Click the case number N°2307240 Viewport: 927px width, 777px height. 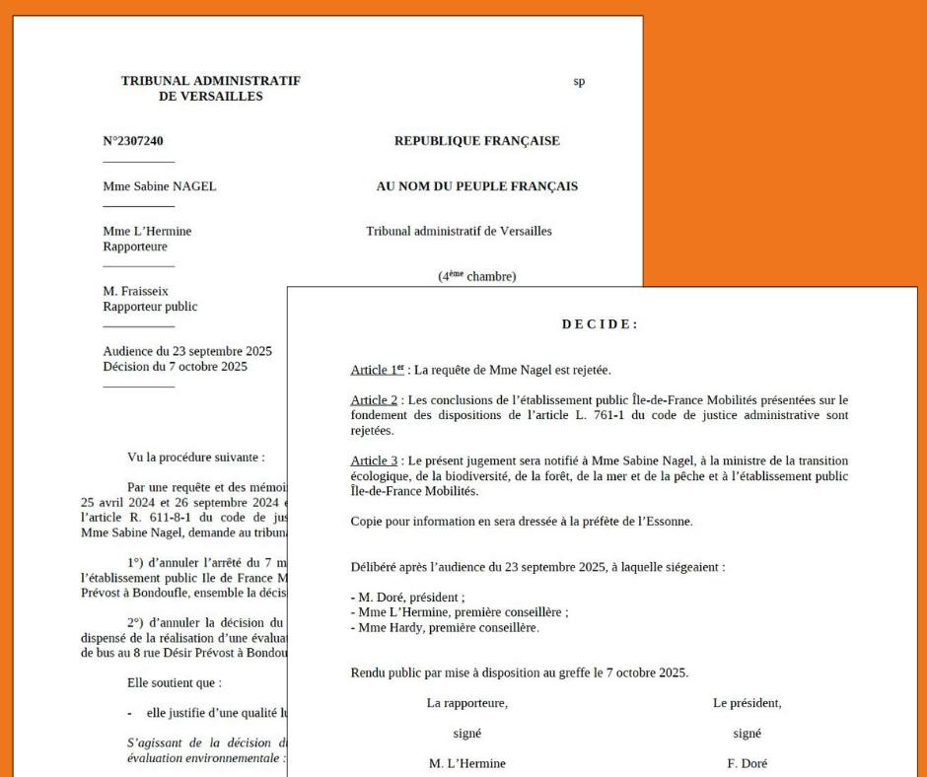[x=133, y=141]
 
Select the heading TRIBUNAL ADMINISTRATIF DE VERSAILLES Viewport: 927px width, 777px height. [x=210, y=88]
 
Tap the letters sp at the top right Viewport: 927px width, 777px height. [x=579, y=81]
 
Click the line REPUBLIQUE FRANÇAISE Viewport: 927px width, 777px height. [x=476, y=141]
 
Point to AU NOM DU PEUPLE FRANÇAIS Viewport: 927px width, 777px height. [x=476, y=186]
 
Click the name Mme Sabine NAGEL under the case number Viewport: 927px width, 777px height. [x=159, y=186]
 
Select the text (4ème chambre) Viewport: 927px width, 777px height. [x=476, y=277]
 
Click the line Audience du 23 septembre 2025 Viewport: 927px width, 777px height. [x=187, y=351]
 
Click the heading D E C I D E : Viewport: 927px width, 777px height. [x=600, y=325]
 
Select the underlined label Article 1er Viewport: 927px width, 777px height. [x=372, y=371]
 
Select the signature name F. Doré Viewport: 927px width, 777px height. [x=746, y=762]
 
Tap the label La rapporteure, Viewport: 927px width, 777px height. [x=467, y=703]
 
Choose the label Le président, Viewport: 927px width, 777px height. [x=747, y=703]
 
